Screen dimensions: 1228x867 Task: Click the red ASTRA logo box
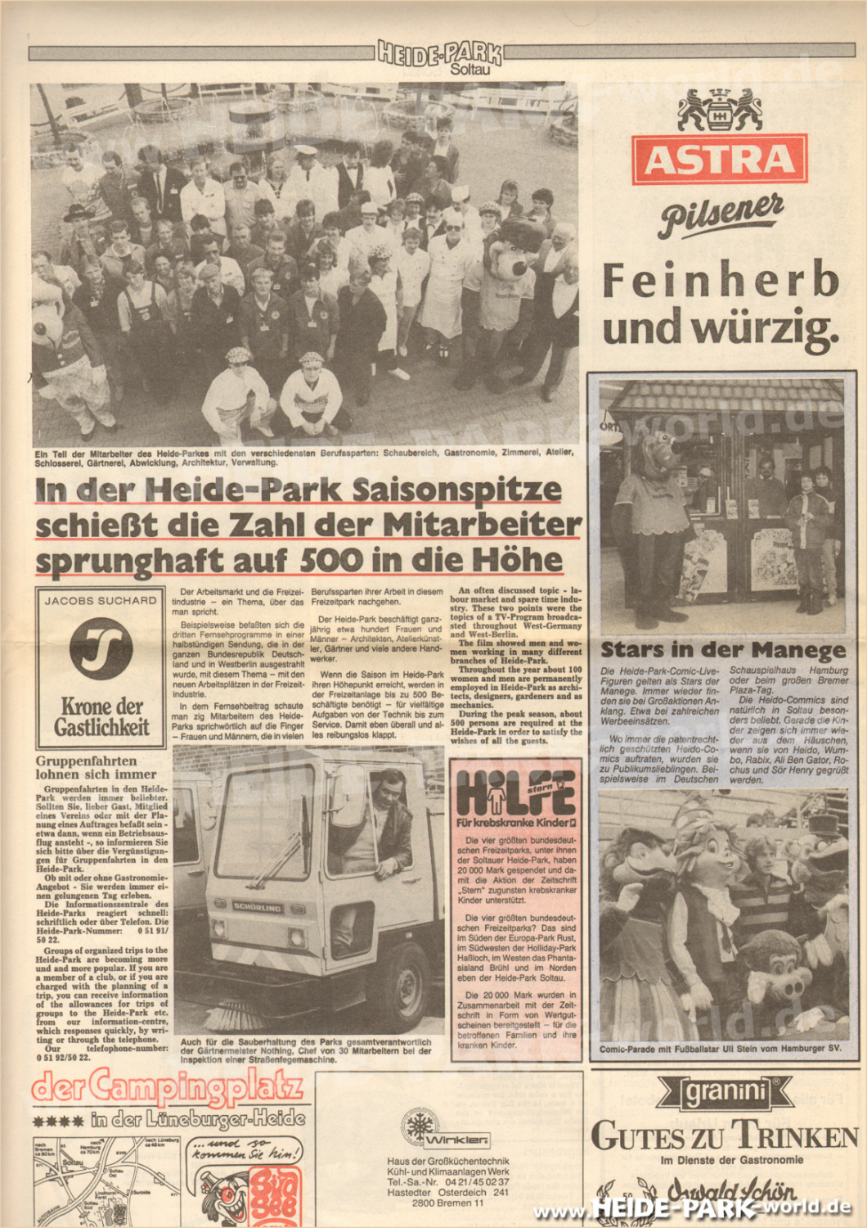tap(719, 159)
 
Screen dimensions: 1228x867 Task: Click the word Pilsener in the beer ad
tap(721, 215)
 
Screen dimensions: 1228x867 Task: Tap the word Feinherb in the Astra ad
tap(721, 280)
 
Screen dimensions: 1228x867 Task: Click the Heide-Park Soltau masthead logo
tap(440, 55)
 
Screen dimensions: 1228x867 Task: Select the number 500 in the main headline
tap(330, 561)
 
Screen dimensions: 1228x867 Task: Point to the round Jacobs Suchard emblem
tap(101, 649)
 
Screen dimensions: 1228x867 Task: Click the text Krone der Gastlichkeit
tap(101, 717)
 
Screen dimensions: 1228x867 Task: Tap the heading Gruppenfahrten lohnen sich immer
tap(96, 767)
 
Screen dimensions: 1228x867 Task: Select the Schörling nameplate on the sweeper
tap(258, 907)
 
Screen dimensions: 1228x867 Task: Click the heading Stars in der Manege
tap(723, 650)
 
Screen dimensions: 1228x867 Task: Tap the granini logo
tap(725, 1091)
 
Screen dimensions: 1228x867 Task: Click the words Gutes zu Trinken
tap(725, 1136)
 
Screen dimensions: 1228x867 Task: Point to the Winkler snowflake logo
tap(419, 1126)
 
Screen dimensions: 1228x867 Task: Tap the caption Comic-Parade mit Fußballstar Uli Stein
tap(720, 1049)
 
